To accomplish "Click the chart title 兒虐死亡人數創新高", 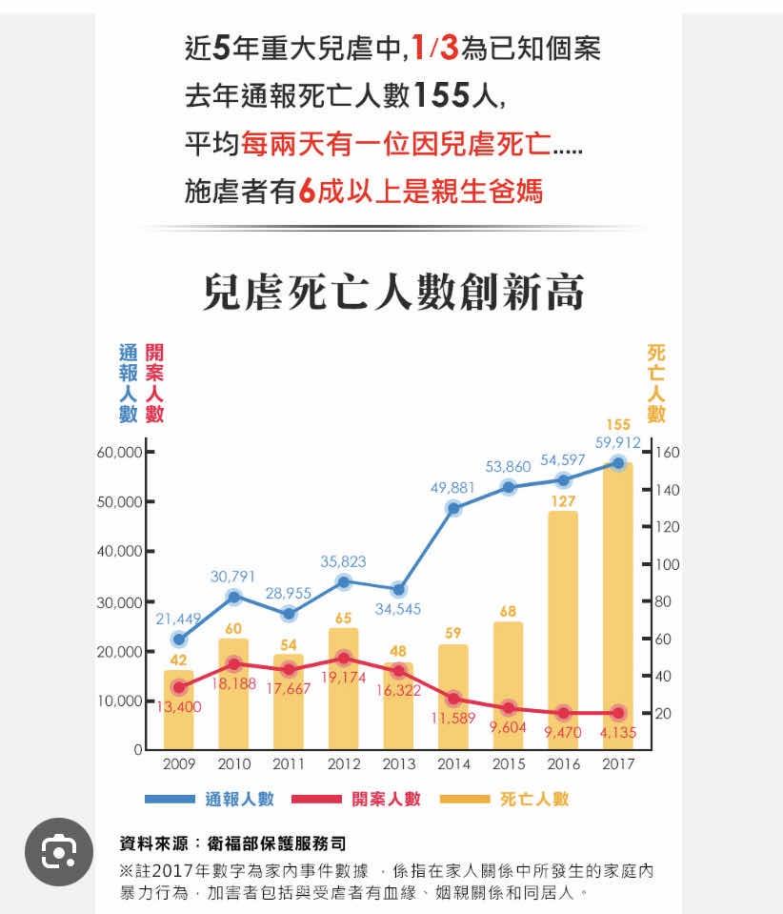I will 392,293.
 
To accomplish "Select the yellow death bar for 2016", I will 562,629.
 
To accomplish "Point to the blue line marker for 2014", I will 454,508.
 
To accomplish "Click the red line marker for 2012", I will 344,658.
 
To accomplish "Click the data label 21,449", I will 179,619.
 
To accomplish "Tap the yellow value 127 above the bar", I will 563,500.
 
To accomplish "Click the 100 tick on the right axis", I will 667,564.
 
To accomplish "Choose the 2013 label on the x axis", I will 399,763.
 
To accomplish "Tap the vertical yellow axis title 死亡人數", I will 656,383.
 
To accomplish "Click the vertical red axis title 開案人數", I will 154,383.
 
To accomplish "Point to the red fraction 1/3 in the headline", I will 435,47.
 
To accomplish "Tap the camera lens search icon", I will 59,851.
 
